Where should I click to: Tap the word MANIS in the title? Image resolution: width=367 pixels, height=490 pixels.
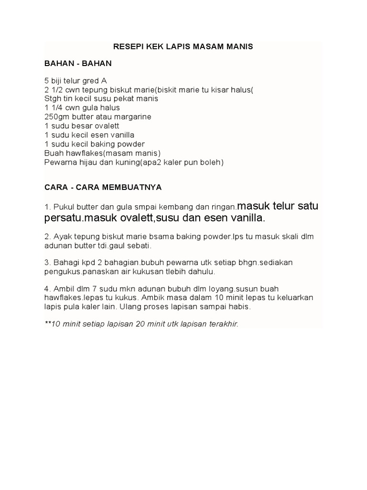(x=240, y=47)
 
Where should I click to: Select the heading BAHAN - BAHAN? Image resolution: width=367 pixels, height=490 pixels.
(x=78, y=63)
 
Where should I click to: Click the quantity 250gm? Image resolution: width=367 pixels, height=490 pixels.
(x=57, y=117)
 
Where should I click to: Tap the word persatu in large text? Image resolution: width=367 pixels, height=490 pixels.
(x=61, y=218)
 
